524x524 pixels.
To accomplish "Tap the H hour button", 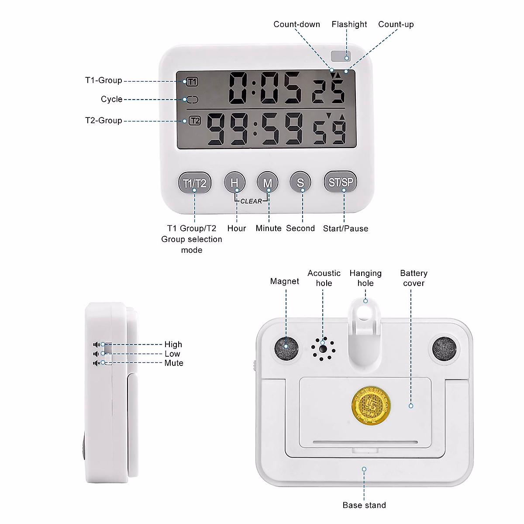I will coord(234,182).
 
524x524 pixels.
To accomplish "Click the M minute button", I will coord(268,182).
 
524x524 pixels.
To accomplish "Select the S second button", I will coord(300,182).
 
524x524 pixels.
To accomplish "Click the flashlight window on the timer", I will coord(341,56).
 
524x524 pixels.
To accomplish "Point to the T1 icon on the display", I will coord(192,82).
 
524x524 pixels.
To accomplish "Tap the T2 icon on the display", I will coord(195,121).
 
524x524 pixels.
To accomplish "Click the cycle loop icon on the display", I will coord(193,100).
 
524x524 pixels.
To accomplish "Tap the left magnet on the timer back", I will coord(286,348).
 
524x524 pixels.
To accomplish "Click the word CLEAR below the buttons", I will coord(251,201).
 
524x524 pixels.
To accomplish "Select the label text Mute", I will coord(174,363).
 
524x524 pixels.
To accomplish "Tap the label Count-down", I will coord(296,24).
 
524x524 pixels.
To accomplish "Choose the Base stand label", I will coord(364,505).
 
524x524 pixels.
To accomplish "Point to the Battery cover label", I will coord(414,278).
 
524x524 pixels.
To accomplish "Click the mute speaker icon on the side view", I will coord(97,363).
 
